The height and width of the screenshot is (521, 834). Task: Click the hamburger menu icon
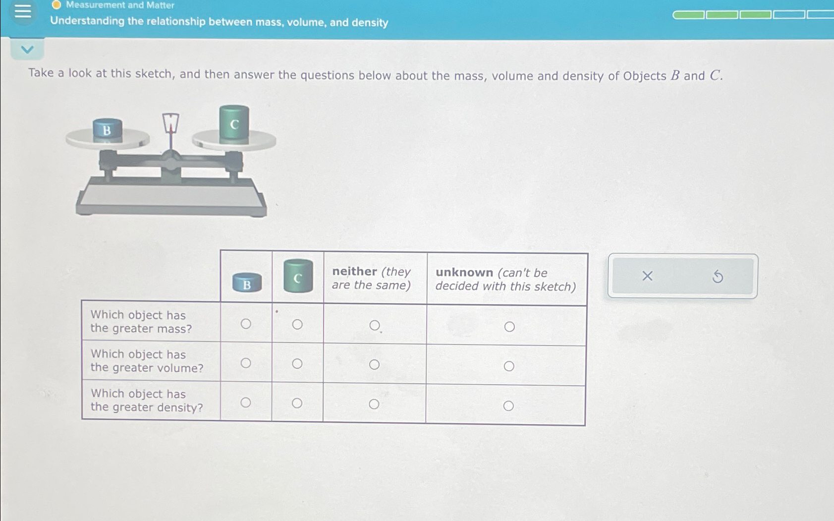[x=23, y=11]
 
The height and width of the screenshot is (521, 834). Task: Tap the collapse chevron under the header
[x=27, y=50]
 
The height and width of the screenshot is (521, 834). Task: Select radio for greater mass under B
[x=246, y=324]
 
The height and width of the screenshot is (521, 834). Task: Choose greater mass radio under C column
[x=297, y=324]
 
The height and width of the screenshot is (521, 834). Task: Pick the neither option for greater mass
[x=375, y=325]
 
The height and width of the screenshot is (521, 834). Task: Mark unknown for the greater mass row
[x=509, y=327]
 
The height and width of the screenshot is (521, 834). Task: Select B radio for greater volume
[x=246, y=363]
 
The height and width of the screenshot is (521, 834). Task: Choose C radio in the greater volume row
[x=297, y=364]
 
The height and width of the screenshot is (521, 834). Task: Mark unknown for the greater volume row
[x=509, y=366]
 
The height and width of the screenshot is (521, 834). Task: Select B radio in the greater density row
[x=246, y=403]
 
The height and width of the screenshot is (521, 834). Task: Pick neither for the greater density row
[x=374, y=404]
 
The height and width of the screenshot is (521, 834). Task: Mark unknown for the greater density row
[x=508, y=406]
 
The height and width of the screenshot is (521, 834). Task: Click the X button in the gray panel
[x=647, y=276]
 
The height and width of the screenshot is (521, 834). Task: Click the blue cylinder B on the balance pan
[x=107, y=130]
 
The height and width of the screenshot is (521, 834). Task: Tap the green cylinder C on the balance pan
[x=234, y=124]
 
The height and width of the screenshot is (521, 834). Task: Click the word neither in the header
[x=354, y=272]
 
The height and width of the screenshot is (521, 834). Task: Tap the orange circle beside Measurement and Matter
[x=56, y=5]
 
